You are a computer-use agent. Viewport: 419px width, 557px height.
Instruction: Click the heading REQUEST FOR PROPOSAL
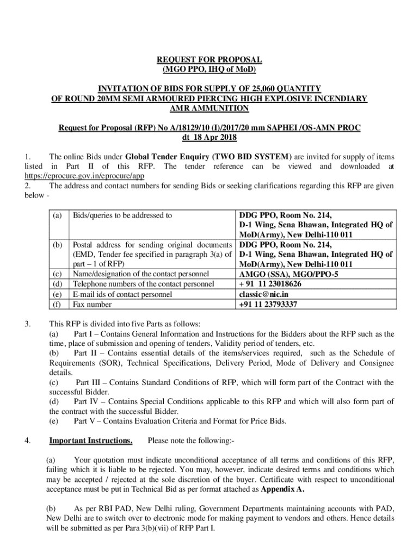[x=209, y=59]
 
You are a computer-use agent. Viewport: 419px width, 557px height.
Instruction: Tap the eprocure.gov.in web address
[x=84, y=176]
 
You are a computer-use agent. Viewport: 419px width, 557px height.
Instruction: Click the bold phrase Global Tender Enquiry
[x=167, y=157]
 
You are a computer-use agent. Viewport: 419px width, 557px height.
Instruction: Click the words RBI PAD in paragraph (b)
[x=110, y=508]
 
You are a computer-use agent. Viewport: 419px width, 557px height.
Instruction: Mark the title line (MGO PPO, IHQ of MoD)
[x=209, y=69]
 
